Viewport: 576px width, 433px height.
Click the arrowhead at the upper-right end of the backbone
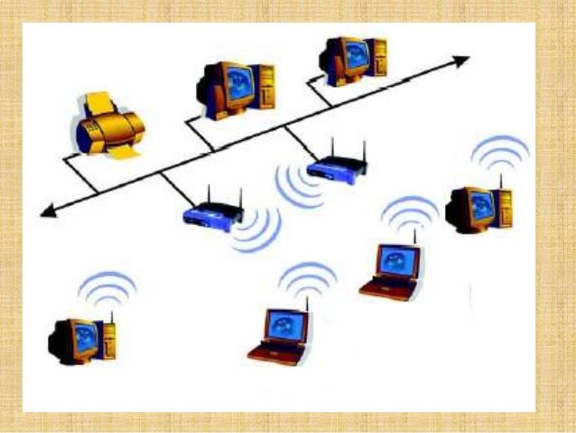tap(461, 61)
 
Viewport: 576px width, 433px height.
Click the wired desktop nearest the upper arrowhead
tap(353, 59)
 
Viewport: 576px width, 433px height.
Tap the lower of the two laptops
tap(280, 336)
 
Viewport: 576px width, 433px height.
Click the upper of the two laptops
tap(392, 269)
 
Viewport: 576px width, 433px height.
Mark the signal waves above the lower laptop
tap(307, 278)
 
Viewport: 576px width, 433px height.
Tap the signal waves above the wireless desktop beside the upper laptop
tap(500, 153)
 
